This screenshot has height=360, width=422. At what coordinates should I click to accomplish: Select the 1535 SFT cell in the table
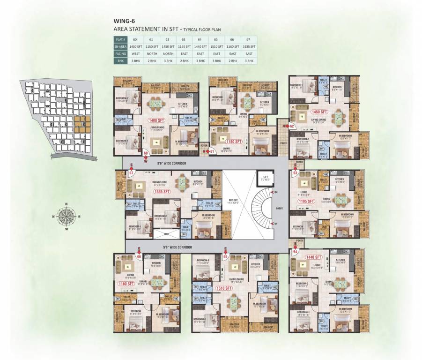(250, 47)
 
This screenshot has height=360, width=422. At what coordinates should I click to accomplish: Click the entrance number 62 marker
(291, 126)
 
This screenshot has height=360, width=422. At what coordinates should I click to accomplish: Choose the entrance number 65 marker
(225, 257)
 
